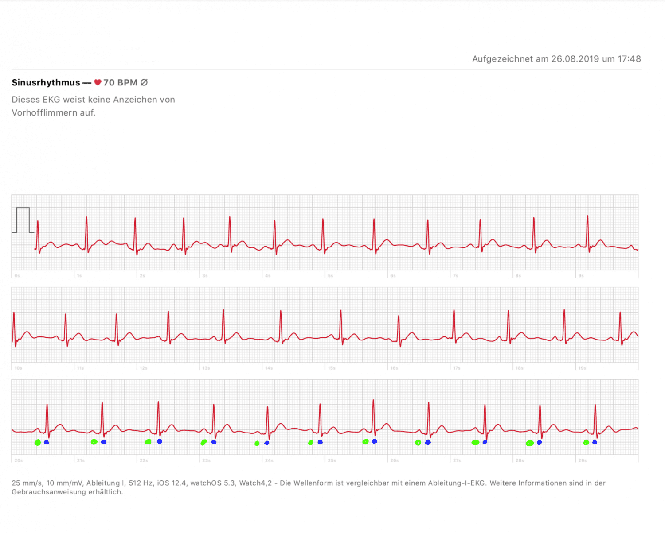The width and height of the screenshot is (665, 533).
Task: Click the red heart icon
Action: (98, 82)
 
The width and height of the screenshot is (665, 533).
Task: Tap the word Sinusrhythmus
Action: (46, 83)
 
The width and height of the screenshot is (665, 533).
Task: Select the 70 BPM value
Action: (120, 83)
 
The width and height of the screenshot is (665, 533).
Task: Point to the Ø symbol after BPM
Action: (144, 83)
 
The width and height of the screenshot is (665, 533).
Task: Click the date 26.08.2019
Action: (575, 59)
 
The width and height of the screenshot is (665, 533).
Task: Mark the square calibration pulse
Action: (23, 220)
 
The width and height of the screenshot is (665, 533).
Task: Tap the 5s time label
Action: (330, 276)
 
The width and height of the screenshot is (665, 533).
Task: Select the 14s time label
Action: (269, 368)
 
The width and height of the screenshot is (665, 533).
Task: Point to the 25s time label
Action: (332, 460)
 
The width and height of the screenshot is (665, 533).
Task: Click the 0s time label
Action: (17, 276)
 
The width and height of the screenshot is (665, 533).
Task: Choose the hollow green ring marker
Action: (418, 443)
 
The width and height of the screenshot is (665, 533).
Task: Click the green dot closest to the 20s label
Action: (38, 443)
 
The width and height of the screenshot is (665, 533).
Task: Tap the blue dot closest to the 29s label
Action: (595, 442)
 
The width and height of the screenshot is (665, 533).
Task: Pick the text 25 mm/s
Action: (27, 483)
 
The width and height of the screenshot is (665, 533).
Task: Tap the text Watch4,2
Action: (255, 483)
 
